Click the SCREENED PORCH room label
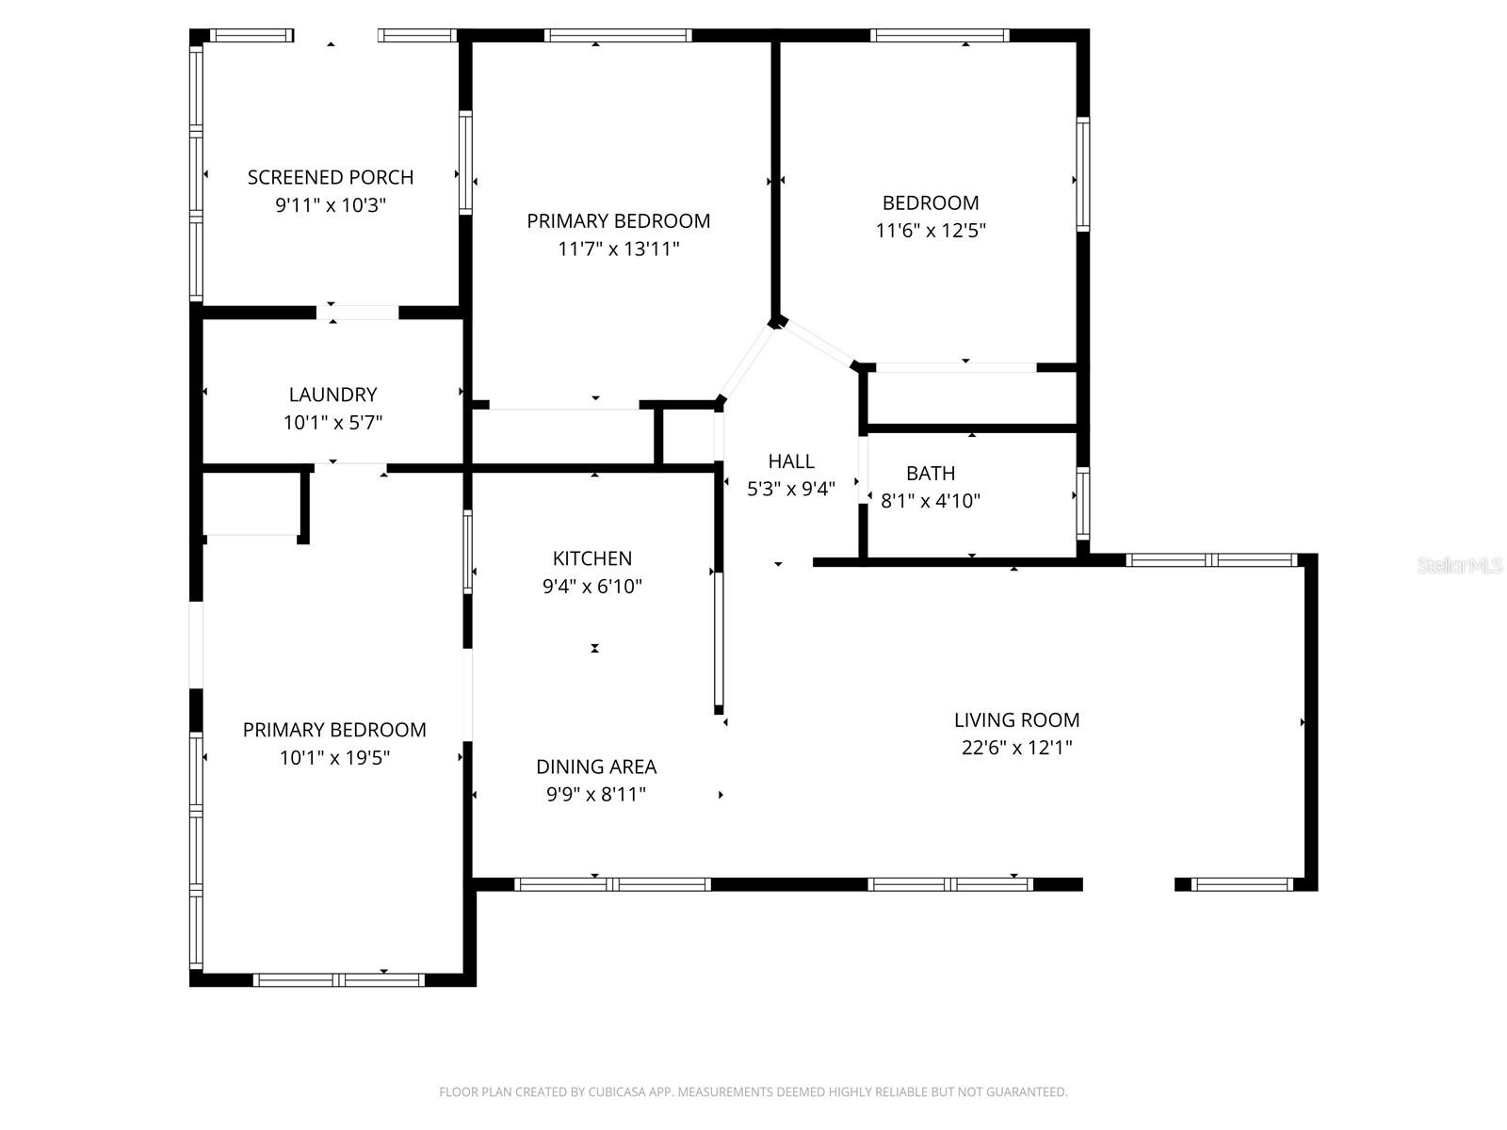tap(331, 177)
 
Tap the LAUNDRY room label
tap(333, 395)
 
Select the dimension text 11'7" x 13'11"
tap(619, 249)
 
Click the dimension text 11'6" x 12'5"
tap(931, 230)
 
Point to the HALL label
tap(791, 461)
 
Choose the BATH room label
tap(931, 474)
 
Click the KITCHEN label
tap(591, 558)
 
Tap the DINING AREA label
tap(596, 767)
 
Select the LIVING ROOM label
tap(1017, 719)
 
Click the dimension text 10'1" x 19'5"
tap(334, 757)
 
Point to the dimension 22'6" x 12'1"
tap(1017, 747)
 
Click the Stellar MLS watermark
tap(1460, 565)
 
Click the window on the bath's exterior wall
tap(1083, 503)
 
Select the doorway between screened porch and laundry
tap(357, 313)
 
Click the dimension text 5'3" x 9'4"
tap(791, 489)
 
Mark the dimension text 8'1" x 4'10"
tap(931, 501)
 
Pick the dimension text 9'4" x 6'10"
tap(591, 586)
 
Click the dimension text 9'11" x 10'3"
tap(331, 205)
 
